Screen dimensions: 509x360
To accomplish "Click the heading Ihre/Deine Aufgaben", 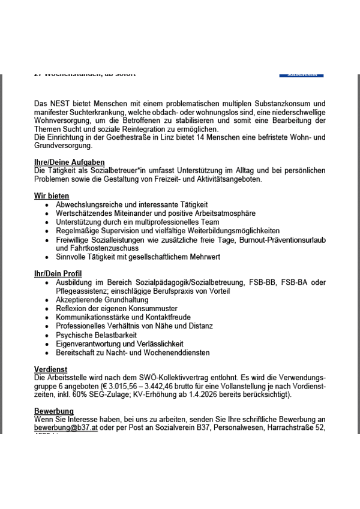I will click(x=70, y=162).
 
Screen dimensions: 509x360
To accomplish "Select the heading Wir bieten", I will click(x=52, y=196).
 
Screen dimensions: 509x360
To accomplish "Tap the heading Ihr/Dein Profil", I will click(x=58, y=274).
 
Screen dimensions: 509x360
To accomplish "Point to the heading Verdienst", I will click(x=50, y=369).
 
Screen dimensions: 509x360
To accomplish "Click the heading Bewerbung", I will click(x=54, y=411).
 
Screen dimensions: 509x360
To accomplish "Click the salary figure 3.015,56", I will click(x=125, y=387).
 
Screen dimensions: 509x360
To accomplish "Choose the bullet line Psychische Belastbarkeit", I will click(x=96, y=335).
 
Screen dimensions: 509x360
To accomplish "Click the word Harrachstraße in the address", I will click(x=281, y=428).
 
